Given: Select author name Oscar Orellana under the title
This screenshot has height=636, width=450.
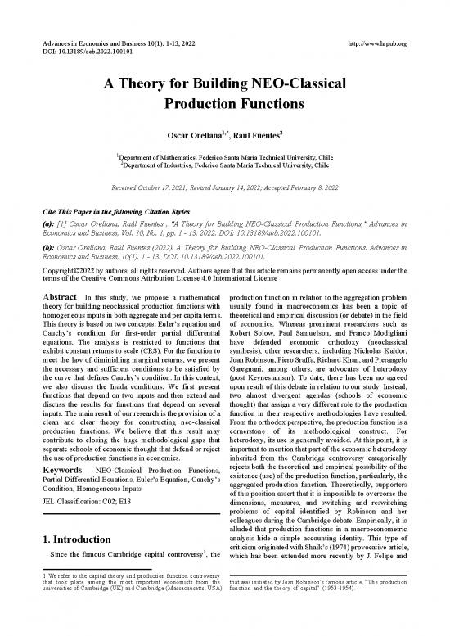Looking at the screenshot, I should tap(190, 135).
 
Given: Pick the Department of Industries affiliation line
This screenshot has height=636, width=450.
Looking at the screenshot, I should tap(225, 164).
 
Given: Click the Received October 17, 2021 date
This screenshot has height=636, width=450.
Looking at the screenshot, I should tap(146, 188).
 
